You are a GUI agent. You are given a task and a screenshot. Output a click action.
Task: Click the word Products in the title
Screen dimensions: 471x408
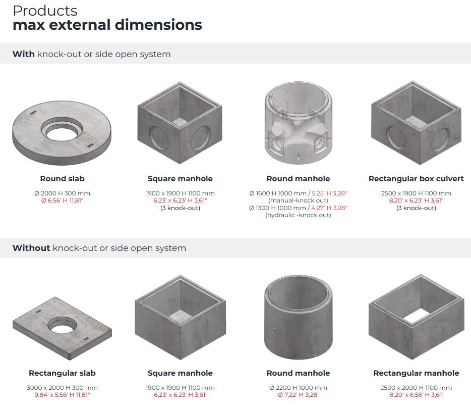tap(45, 11)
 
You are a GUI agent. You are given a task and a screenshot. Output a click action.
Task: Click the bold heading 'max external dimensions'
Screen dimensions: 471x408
tap(107, 25)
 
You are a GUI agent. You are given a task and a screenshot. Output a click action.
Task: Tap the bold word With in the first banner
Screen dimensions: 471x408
tap(23, 54)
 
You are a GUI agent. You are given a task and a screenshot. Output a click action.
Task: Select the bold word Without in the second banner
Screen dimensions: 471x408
tap(31, 248)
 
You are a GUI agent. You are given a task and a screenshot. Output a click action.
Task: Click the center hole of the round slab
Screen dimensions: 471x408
tap(62, 132)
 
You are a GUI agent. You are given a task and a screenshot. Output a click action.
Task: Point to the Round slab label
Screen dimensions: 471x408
tap(62, 179)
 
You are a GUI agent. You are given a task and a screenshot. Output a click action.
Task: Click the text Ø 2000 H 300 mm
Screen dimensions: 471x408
tap(62, 193)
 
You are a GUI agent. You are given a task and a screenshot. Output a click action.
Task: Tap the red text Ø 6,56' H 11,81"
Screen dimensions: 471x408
tap(62, 200)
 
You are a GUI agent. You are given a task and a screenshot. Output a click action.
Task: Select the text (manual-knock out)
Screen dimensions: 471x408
tap(298, 200)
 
